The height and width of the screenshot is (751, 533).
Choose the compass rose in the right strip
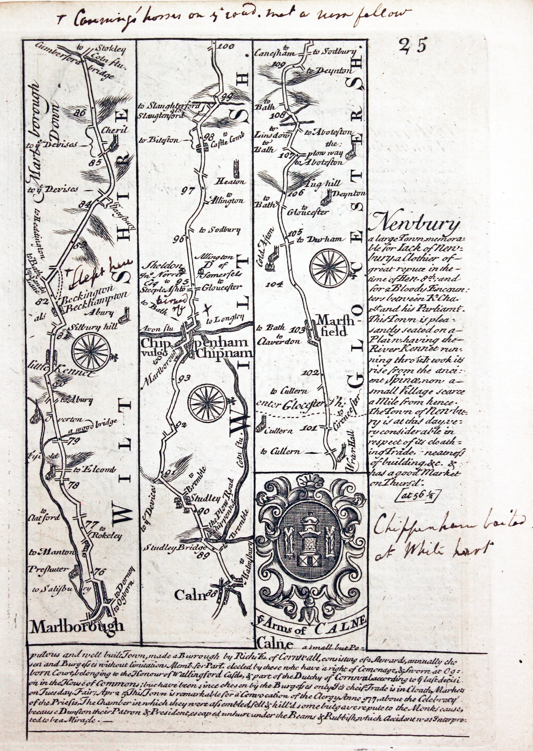coord(329,266)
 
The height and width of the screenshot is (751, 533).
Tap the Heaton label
coord(233,182)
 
